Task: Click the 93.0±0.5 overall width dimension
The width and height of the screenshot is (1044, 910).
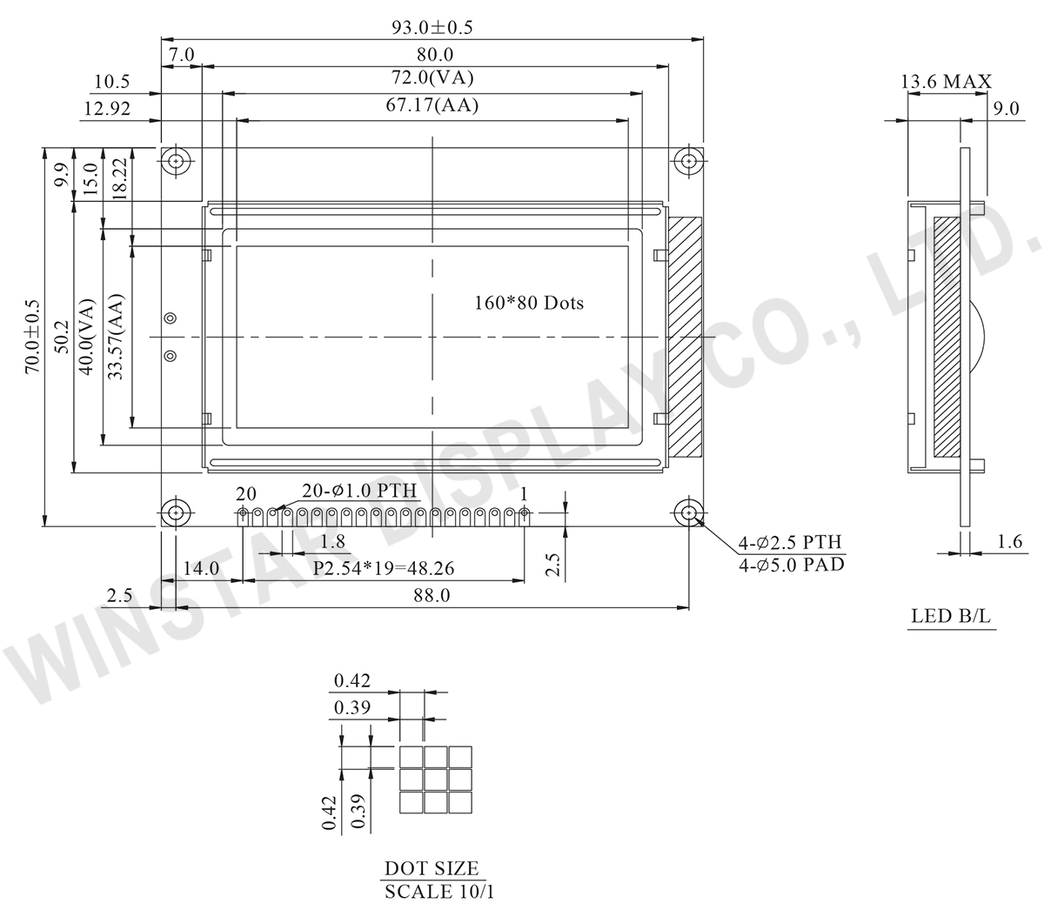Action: pyautogui.click(x=432, y=28)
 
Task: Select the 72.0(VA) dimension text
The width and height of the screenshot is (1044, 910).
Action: pyautogui.click(x=432, y=77)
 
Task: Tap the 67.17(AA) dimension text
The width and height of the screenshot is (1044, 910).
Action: pyautogui.click(x=432, y=105)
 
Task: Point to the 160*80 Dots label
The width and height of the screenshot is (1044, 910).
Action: pyautogui.click(x=529, y=303)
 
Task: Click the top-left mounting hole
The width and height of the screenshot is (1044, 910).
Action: pyautogui.click(x=176, y=161)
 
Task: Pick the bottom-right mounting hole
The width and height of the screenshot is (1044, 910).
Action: pyautogui.click(x=689, y=512)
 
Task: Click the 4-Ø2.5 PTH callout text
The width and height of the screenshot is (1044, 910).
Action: pyautogui.click(x=790, y=542)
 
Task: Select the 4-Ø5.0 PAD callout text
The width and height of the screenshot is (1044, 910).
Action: pyautogui.click(x=792, y=565)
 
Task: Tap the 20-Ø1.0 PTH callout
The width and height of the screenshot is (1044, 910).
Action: pyautogui.click(x=359, y=491)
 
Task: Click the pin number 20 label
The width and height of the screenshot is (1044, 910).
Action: pyautogui.click(x=246, y=494)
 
